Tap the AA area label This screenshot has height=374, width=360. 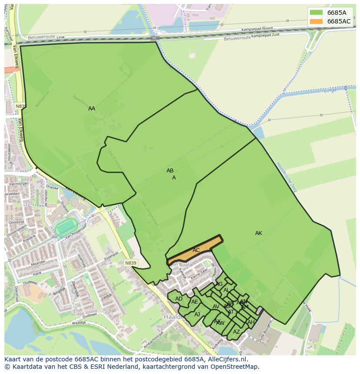[91, 109]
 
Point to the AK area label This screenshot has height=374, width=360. [259, 233]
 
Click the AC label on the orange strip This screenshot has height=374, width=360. [196, 250]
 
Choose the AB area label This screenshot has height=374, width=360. [170, 171]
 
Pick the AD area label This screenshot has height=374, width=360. [179, 299]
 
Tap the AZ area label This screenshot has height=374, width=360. [236, 332]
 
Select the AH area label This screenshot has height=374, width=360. [250, 322]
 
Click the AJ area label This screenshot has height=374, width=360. [197, 314]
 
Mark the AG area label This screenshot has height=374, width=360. [219, 284]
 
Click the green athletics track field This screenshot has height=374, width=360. [66, 227]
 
